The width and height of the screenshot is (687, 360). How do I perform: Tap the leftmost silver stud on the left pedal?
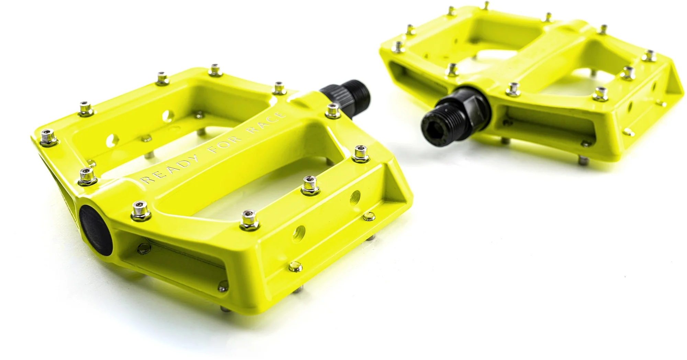tap(47, 137)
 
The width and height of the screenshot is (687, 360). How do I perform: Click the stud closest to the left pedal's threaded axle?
tap(332, 110)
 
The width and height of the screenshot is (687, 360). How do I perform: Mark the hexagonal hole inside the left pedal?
tap(111, 140)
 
